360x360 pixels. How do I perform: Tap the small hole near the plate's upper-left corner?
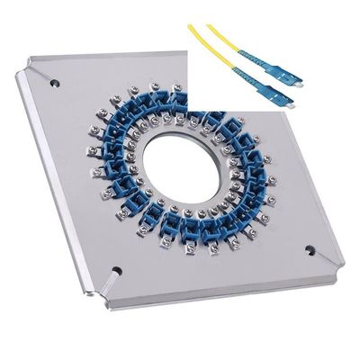click(56, 83)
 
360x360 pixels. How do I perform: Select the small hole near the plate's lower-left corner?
click(115, 268)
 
